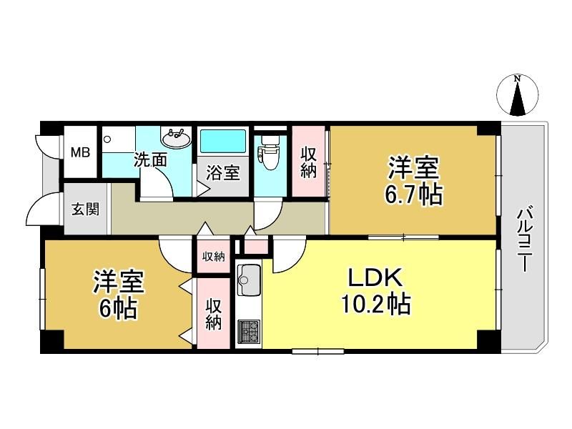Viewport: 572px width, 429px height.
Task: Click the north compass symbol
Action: pos(517,96)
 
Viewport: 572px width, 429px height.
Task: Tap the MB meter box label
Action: pos(80,152)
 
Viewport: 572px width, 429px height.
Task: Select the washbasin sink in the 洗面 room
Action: pos(176,139)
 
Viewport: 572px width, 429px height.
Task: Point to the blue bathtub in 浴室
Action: pos(222,141)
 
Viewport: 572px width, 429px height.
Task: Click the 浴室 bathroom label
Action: pos(222,172)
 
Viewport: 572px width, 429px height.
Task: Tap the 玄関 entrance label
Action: pos(85,209)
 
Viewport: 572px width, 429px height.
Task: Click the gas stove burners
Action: pos(249,332)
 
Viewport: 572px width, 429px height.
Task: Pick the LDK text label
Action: pos(376,278)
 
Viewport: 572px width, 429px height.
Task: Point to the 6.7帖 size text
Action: pos(413,194)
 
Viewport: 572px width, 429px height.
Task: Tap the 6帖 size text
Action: pos(119,309)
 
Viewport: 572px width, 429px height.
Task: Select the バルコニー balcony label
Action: pos(524,239)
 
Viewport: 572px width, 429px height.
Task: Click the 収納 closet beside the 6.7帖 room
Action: pos(309,163)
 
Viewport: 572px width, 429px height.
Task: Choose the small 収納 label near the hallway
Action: pos(214,257)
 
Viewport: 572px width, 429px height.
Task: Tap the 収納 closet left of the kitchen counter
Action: pos(214,315)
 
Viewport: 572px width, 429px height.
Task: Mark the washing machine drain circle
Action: pos(107,139)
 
